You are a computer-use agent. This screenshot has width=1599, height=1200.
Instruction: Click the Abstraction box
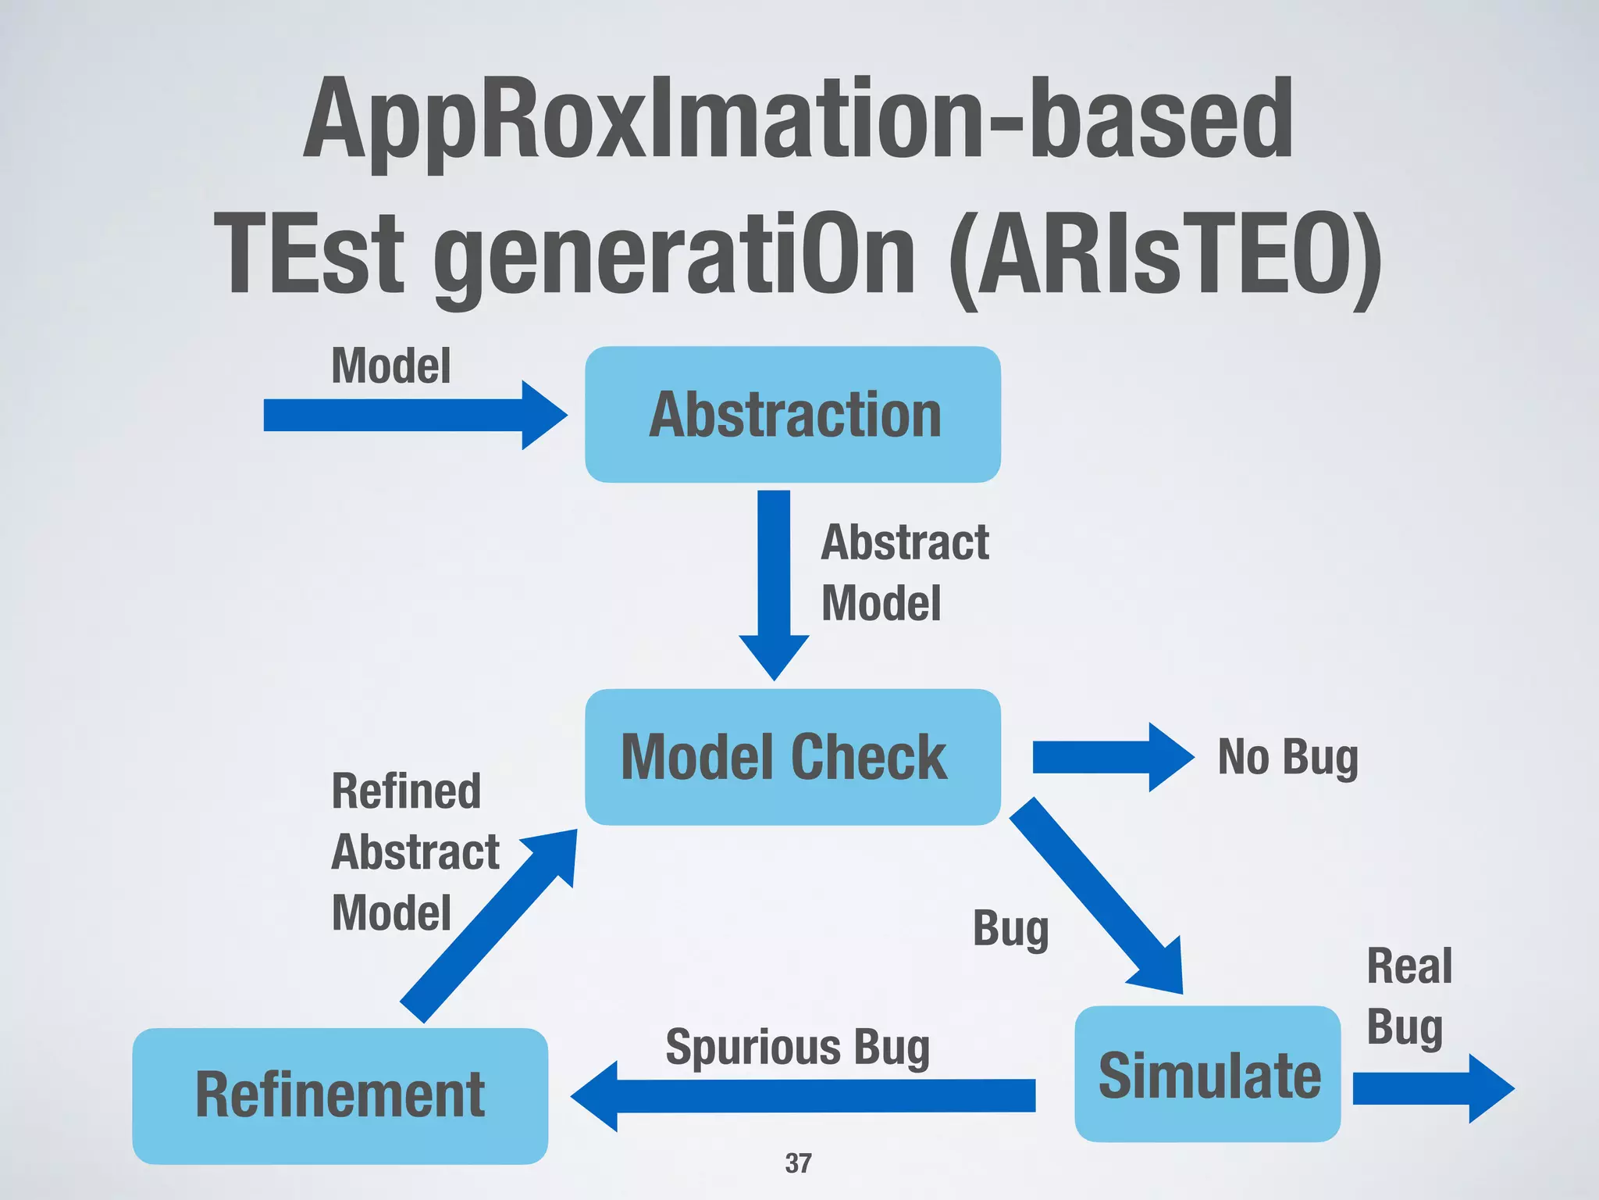[792, 414]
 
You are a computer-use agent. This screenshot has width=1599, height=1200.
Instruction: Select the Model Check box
[792, 756]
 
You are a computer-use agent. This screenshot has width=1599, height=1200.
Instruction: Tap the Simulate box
[1208, 1074]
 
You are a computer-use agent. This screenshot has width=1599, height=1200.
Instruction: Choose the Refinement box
[340, 1095]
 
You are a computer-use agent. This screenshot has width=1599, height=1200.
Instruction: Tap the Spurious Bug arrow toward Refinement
[804, 1095]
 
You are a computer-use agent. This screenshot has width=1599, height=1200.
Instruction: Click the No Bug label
[1288, 757]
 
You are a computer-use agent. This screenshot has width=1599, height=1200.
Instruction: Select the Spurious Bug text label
[797, 1047]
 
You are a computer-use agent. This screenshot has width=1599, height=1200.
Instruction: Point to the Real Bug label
[1408, 996]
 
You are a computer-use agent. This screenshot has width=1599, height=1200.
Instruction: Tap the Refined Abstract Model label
[414, 852]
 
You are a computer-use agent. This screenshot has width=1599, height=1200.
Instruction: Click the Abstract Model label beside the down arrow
[904, 573]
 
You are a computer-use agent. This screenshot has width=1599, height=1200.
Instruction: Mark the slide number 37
[798, 1163]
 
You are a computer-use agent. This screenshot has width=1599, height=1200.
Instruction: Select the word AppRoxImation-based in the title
[798, 119]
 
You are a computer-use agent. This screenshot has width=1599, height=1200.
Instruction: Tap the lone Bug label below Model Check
[1010, 929]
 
